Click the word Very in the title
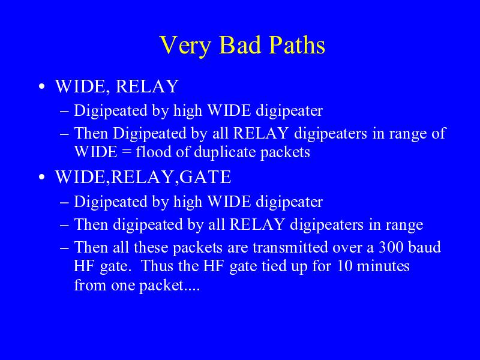[x=185, y=46]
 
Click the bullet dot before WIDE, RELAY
[x=42, y=86]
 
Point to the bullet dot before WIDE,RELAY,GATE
[x=42, y=177]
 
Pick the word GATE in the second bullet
[x=205, y=177]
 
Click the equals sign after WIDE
[x=127, y=152]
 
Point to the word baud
[x=425, y=247]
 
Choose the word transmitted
[x=290, y=247]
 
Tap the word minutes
[x=383, y=266]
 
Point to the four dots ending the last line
[x=191, y=290]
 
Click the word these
[x=151, y=247]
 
